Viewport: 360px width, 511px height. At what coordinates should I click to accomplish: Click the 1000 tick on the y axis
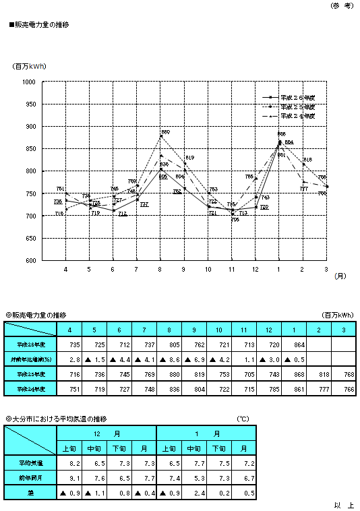coord(28,82)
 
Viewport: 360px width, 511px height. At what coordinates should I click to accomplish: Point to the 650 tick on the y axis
coord(30,238)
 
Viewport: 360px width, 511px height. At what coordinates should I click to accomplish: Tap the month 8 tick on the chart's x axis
coord(160,269)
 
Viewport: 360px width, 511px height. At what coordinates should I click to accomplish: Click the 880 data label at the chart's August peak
coord(165,131)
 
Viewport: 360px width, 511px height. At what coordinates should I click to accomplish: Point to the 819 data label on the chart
coord(189,157)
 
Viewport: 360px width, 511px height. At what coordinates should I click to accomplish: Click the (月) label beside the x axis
coord(341,276)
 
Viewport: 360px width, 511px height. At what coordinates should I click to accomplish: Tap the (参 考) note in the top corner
coord(341,5)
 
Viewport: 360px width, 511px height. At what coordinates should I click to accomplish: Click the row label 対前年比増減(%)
coord(31,358)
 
